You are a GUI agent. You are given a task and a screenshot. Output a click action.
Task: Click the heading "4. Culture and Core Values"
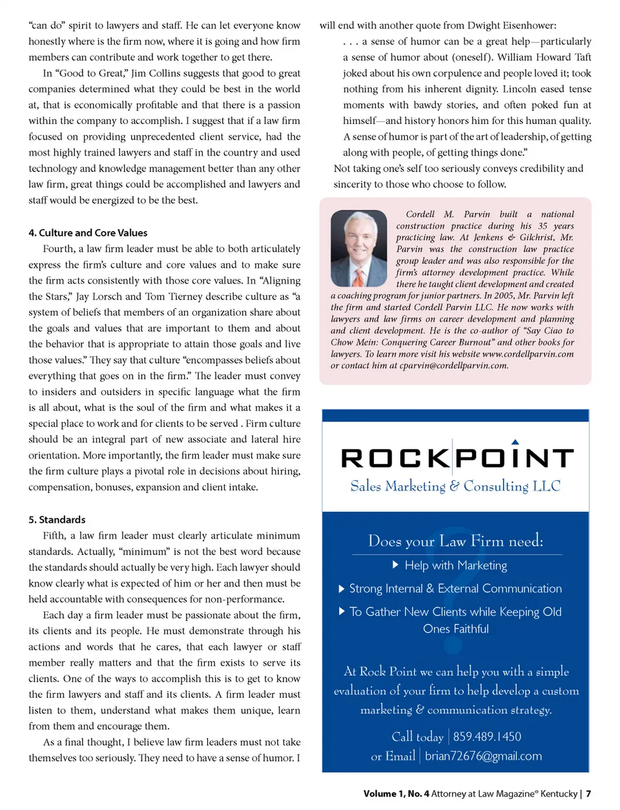click(x=88, y=233)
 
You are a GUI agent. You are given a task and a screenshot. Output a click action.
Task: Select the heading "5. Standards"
click(x=57, y=520)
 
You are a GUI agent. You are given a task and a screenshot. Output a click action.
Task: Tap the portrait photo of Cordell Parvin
click(x=358, y=248)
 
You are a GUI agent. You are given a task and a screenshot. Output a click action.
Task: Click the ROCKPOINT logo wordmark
click(x=456, y=458)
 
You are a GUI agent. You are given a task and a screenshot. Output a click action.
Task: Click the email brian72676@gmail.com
click(x=483, y=756)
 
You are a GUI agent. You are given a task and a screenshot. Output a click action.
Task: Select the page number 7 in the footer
click(x=588, y=794)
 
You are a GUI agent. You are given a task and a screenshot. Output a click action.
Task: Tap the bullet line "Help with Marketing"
click(x=455, y=565)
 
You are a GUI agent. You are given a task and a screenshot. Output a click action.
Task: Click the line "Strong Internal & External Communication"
click(x=455, y=589)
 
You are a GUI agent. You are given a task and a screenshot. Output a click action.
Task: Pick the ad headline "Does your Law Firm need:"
click(x=455, y=541)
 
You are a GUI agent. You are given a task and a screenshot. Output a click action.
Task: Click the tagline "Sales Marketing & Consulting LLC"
click(x=455, y=486)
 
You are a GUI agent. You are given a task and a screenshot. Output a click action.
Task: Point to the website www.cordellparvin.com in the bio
click(x=528, y=354)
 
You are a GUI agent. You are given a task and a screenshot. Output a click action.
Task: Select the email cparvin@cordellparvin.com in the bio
click(x=453, y=366)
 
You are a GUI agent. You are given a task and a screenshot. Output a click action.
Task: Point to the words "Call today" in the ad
click(x=417, y=736)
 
